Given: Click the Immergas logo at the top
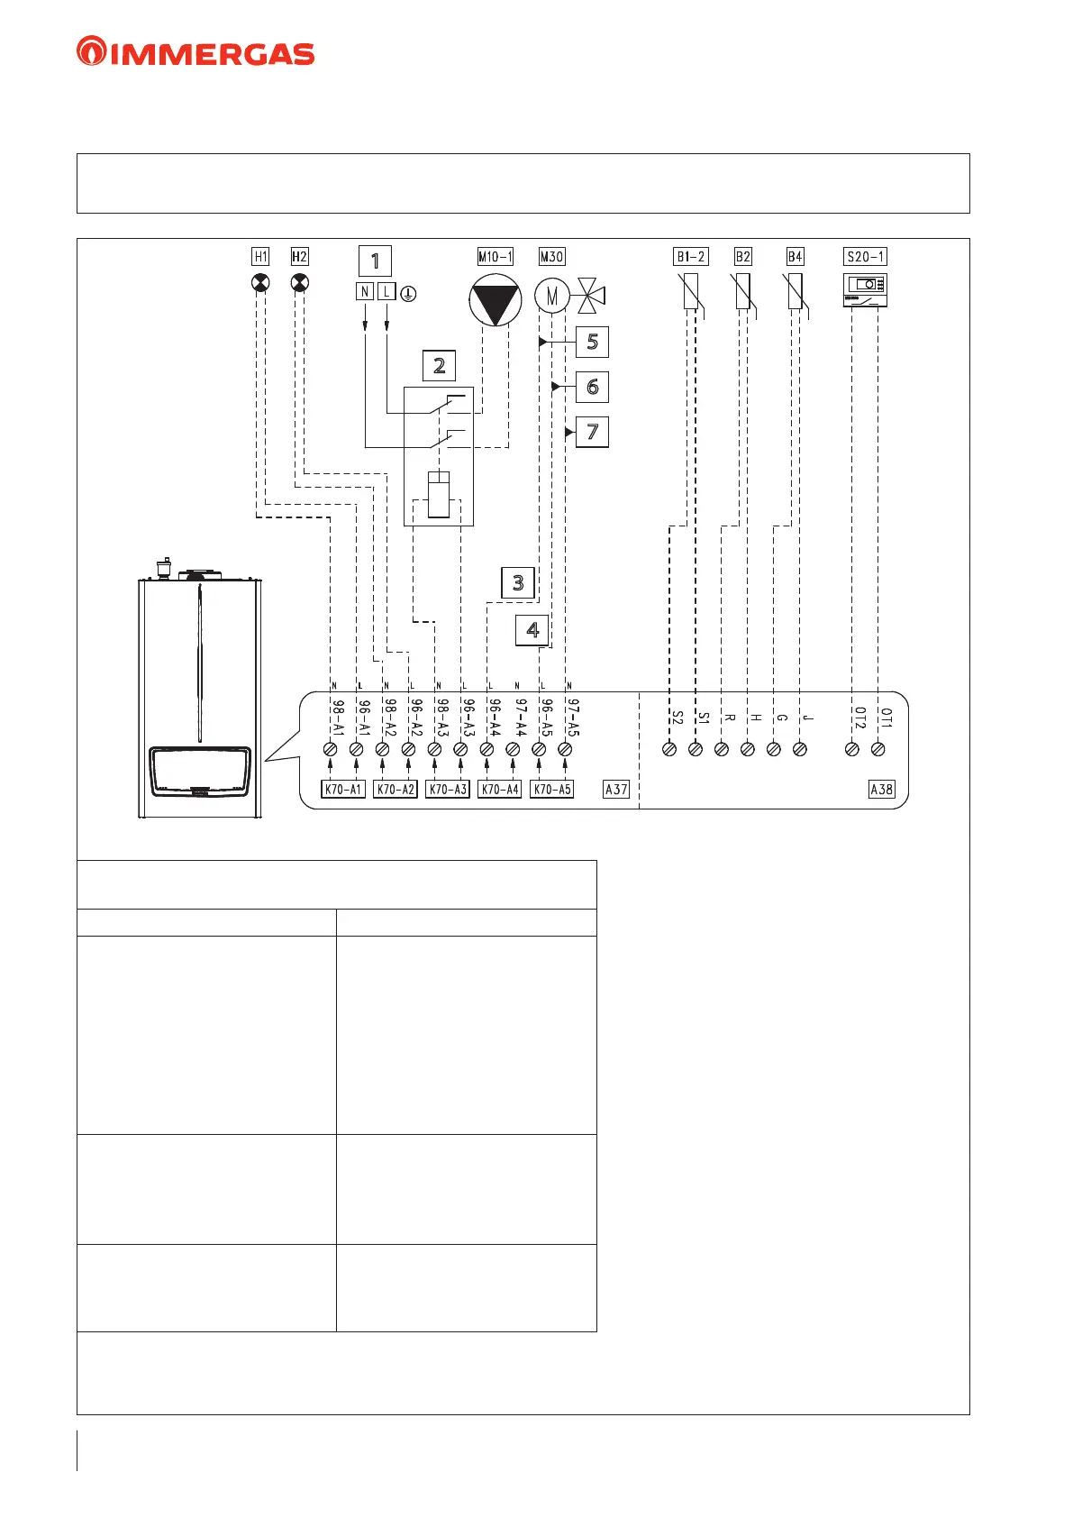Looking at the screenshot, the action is pyautogui.click(x=196, y=51).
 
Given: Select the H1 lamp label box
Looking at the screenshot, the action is pyautogui.click(x=260, y=257).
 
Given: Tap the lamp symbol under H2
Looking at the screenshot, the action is pyautogui.click(x=300, y=283).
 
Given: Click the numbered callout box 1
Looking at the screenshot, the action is pyautogui.click(x=375, y=261).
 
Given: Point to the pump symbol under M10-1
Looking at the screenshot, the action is pyautogui.click(x=495, y=300).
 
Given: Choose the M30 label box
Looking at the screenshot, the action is pyautogui.click(x=551, y=257).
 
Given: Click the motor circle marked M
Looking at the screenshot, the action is pyautogui.click(x=551, y=294).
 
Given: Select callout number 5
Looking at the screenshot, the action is pyautogui.click(x=592, y=343).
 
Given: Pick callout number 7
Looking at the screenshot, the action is pyautogui.click(x=592, y=432).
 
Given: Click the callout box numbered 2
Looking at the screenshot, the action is pyautogui.click(x=439, y=365).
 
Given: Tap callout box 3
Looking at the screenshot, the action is pyautogui.click(x=518, y=582).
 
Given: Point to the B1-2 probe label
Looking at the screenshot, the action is pyautogui.click(x=691, y=257).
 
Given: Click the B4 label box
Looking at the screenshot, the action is pyautogui.click(x=795, y=257).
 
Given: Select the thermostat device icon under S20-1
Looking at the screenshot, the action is pyautogui.click(x=865, y=290).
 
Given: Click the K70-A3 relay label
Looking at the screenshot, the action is pyautogui.click(x=448, y=790).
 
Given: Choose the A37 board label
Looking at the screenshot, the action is pyautogui.click(x=616, y=790).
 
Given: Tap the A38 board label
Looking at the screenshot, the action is pyautogui.click(x=881, y=790).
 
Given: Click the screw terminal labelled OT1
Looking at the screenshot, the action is pyautogui.click(x=878, y=749).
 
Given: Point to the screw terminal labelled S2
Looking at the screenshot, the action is pyautogui.click(x=669, y=749).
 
